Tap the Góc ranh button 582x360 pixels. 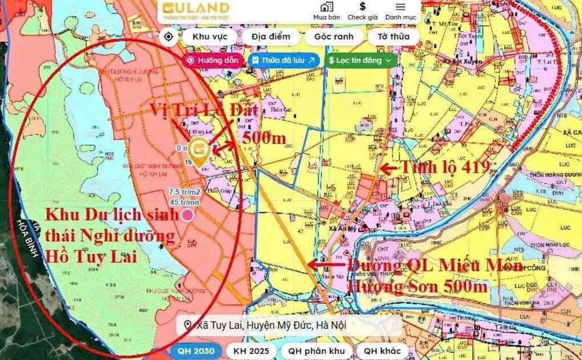coord(333,36)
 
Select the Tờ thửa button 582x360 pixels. coord(393,36)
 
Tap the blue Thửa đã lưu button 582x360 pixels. coord(283,60)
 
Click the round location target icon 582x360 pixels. coord(168,36)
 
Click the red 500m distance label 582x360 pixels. coord(263,137)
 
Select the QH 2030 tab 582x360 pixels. coord(197,351)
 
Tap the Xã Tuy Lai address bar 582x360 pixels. coord(290,325)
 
